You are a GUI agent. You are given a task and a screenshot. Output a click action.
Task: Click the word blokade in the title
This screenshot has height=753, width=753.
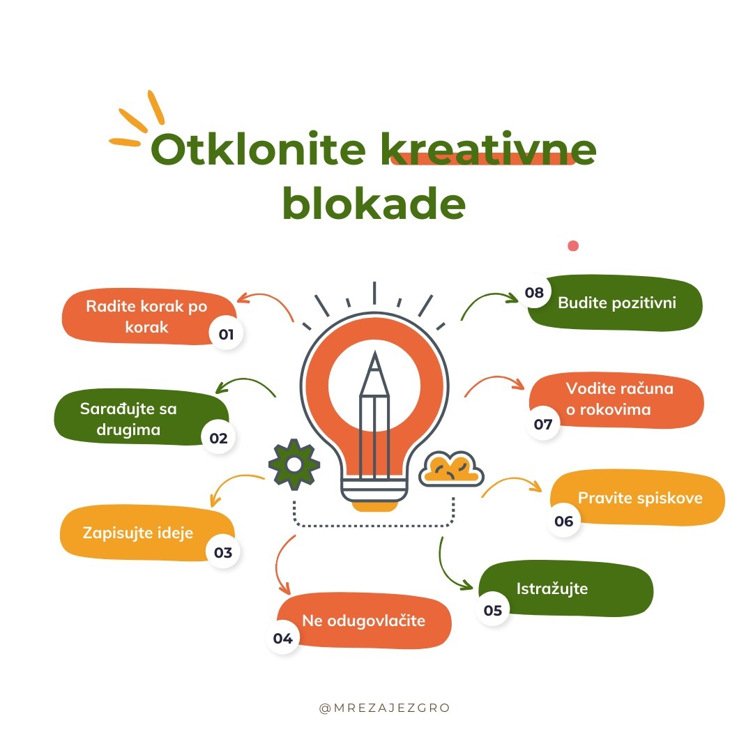point(374,203)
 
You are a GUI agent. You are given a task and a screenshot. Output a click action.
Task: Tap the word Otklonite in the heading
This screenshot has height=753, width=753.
point(259,149)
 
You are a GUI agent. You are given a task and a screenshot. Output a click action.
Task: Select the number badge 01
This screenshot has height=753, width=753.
point(226,333)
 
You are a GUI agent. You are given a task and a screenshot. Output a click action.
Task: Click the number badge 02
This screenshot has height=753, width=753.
point(218,437)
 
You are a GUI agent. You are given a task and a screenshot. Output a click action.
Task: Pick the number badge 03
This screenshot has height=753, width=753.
point(223,552)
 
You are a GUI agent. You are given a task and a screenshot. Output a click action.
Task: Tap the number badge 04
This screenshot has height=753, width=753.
point(283,638)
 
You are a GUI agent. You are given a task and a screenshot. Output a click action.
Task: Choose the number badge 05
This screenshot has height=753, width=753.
point(493,610)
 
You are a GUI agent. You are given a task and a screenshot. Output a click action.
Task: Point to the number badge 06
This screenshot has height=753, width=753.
point(564,521)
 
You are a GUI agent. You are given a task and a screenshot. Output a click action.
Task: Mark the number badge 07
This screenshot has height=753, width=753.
point(543,424)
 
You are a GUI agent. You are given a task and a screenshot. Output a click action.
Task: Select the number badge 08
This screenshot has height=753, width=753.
point(534,292)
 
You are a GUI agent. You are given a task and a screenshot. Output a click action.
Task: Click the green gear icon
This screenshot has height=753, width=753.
point(294,464)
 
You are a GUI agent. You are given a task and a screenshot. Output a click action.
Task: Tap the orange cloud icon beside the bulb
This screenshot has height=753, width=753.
point(451,469)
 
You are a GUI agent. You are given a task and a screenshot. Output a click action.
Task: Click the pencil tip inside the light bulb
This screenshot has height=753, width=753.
point(374,353)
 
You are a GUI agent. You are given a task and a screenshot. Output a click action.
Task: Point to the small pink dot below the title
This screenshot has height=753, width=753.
point(573,246)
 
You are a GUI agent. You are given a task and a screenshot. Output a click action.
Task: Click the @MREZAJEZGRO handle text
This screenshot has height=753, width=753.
point(384,708)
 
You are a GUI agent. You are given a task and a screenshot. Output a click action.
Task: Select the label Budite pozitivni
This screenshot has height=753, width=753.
point(617,303)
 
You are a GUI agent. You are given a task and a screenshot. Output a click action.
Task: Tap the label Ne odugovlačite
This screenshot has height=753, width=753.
point(363,621)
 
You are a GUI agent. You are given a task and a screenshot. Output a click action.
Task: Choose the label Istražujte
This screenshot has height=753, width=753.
point(552,588)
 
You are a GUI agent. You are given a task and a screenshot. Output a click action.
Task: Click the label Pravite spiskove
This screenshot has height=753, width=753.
point(640,498)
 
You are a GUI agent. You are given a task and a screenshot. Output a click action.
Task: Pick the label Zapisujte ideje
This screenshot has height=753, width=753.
point(138,533)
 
